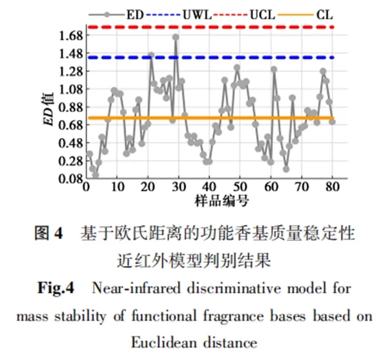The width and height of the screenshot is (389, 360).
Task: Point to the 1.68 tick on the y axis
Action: [x=70, y=36]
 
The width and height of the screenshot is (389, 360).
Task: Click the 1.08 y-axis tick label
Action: [x=70, y=90]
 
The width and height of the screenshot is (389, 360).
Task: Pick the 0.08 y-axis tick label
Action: [x=70, y=179]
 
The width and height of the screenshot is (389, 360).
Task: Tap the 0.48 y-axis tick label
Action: [x=70, y=144]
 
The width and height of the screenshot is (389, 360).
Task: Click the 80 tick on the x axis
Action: [x=333, y=188]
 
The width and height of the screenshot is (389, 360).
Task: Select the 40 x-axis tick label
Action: [x=208, y=188]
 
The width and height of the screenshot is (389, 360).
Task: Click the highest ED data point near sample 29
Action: [x=176, y=37]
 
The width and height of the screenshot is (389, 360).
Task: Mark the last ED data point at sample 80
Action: [x=332, y=122]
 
